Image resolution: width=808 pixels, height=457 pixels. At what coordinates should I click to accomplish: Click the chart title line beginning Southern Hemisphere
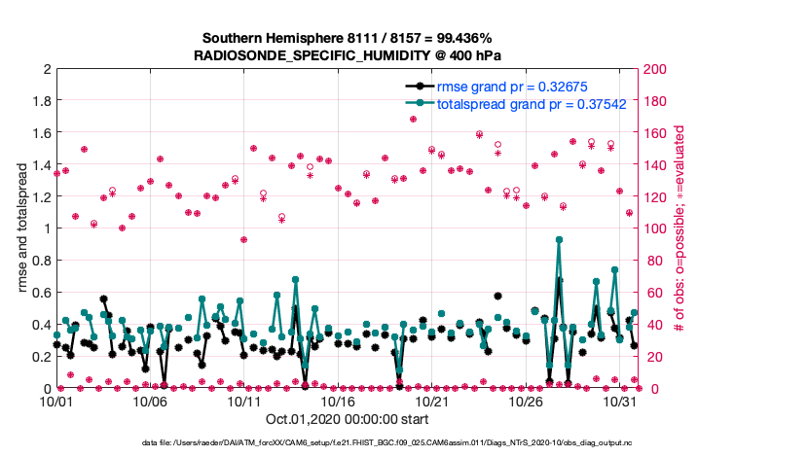(348, 38)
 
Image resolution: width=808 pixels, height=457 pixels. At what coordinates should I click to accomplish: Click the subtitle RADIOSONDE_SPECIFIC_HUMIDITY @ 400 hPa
(348, 55)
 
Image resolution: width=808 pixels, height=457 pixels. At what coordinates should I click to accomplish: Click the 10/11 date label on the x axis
(244, 401)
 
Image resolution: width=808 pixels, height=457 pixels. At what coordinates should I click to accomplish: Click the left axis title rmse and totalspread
(20, 229)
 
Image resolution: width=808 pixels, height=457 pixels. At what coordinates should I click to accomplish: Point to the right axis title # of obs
(679, 229)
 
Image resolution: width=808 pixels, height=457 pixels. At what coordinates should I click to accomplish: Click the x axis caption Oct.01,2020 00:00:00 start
(348, 421)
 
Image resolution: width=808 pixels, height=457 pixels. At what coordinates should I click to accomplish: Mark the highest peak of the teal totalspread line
(559, 239)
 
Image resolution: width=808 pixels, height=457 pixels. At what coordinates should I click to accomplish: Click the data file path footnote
(348, 444)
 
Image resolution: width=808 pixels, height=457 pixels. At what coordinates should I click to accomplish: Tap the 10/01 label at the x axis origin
(56, 401)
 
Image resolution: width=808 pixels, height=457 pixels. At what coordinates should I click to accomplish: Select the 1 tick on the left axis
(46, 229)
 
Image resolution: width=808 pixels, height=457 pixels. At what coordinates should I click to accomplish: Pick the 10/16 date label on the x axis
(338, 401)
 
